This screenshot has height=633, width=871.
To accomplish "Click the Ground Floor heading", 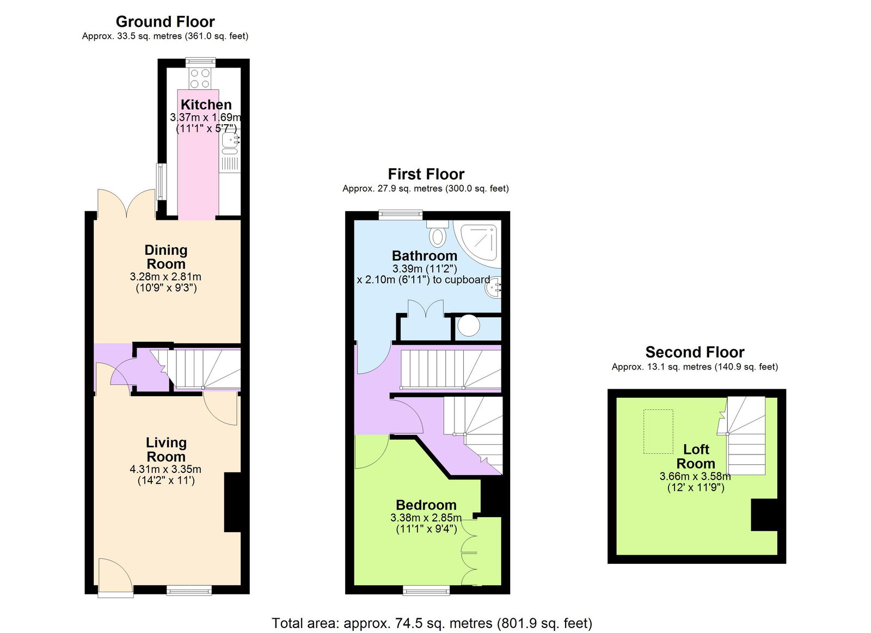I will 165,22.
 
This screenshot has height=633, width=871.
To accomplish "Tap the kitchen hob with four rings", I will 200,78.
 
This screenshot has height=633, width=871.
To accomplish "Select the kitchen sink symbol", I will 230,140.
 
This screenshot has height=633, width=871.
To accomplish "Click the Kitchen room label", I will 206,105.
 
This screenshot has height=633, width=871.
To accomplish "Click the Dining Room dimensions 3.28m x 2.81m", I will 165,276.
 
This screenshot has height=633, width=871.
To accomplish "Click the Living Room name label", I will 166,450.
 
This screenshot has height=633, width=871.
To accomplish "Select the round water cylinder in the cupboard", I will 468,326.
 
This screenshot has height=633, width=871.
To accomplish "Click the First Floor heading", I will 426,174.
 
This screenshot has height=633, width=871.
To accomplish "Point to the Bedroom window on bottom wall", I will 426,589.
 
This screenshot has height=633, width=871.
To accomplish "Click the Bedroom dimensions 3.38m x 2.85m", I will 426,517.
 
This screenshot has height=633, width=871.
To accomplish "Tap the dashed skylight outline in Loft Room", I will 658,431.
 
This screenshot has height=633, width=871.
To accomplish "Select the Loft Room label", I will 696,456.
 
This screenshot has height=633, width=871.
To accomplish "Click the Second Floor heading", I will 695,352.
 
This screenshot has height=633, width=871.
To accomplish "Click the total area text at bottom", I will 432,623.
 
